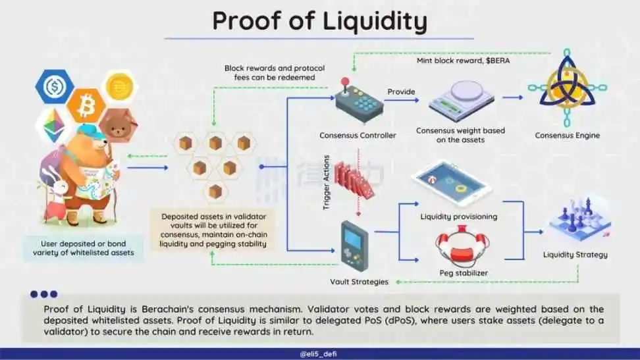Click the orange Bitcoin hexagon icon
pos(86,105)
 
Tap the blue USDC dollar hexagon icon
pos(55,86)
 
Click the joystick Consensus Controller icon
pos(359,101)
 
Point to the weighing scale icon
pos(461,100)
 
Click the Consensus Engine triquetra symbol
pos(567,88)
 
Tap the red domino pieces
pos(354,180)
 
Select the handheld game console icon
pos(355,245)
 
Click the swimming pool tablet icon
pos(452,182)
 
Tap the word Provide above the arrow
pos(401,92)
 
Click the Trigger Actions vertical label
pos(326,182)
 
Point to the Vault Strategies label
pos(360,282)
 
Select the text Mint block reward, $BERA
pos(464,61)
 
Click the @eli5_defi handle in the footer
pos(319,354)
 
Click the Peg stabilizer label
pos(464,272)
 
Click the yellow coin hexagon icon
pos(120,86)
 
